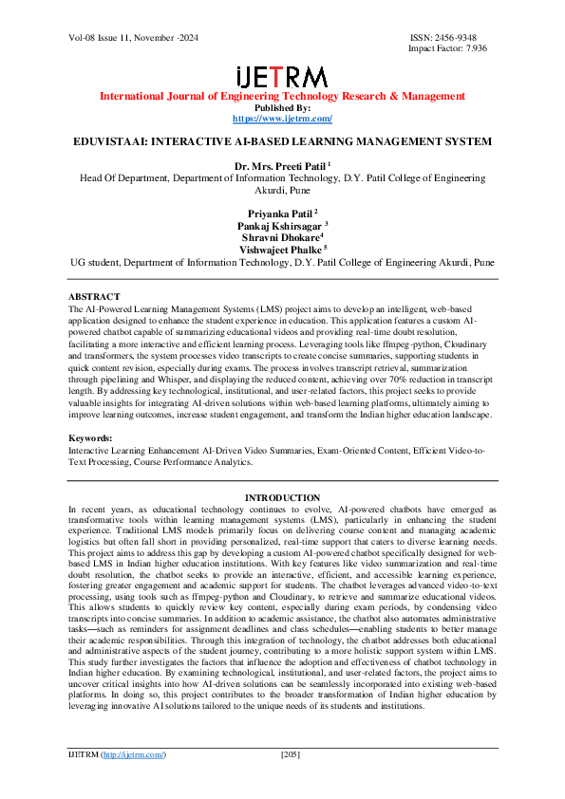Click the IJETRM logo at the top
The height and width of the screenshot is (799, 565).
click(282, 77)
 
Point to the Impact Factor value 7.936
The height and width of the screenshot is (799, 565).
click(472, 48)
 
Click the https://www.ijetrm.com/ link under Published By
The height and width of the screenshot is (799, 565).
click(282, 119)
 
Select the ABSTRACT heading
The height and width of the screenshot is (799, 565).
click(95, 297)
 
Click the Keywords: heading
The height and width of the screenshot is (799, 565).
click(91, 437)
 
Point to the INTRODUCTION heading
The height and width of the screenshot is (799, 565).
click(282, 498)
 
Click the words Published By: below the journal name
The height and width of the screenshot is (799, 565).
click(282, 108)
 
